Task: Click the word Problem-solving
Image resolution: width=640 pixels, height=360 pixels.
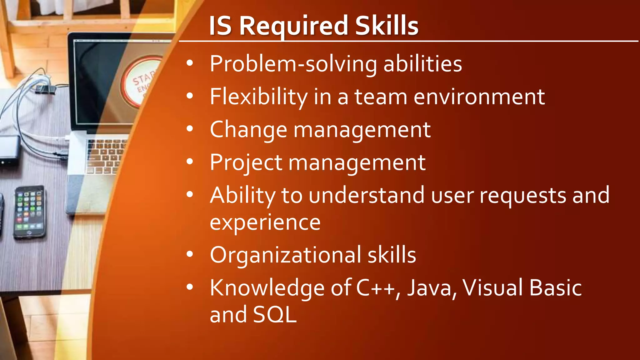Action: (x=293, y=64)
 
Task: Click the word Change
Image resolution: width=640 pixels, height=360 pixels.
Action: (x=248, y=130)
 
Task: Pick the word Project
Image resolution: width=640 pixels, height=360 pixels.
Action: (x=246, y=163)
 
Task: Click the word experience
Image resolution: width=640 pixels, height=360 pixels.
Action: (x=265, y=222)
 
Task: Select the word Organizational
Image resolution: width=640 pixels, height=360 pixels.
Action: (x=285, y=255)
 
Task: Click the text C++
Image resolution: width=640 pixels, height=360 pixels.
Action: (x=376, y=288)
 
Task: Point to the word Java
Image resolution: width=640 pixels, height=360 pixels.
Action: (x=430, y=288)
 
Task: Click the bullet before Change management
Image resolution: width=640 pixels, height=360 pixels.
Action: (x=190, y=129)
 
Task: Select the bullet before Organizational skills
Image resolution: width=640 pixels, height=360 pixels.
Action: (x=190, y=254)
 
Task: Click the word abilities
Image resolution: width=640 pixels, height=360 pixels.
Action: (x=422, y=64)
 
